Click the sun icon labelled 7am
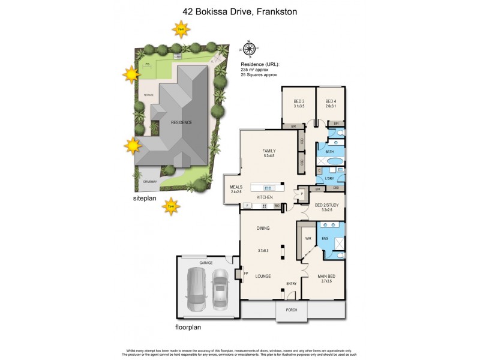pyautogui.click(x=181, y=28)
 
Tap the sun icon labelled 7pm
pyautogui.click(x=172, y=206)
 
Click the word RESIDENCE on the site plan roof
pyautogui.click(x=181, y=122)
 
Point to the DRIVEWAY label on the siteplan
pyautogui.click(x=149, y=181)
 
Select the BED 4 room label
pyautogui.click(x=331, y=101)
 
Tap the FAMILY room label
pyautogui.click(x=268, y=151)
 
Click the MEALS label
pyautogui.click(x=236, y=187)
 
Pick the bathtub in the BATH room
pyautogui.click(x=329, y=161)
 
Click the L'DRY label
pyautogui.click(x=329, y=179)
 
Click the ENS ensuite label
pyautogui.click(x=325, y=238)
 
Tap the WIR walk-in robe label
pyautogui.click(x=308, y=238)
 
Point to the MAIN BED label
pyautogui.click(x=326, y=277)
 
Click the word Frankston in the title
pyautogui.click(x=278, y=11)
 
